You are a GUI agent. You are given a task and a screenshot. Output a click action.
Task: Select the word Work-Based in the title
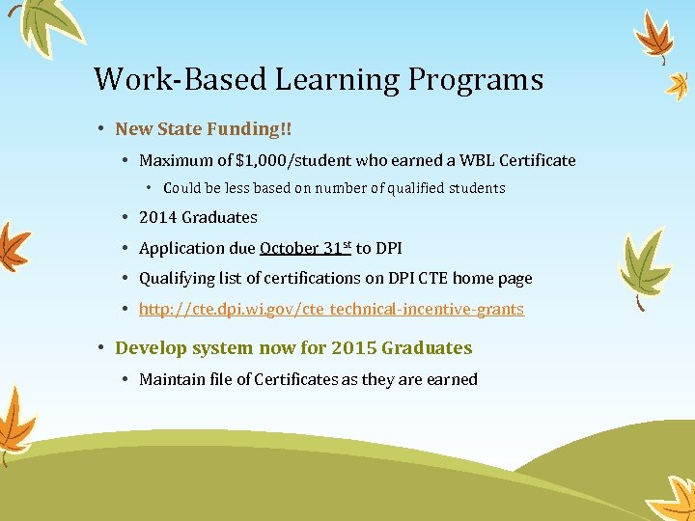[x=181, y=79]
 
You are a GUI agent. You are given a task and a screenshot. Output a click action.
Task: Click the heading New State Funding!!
[x=203, y=128]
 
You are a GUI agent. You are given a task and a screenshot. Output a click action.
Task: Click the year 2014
[x=158, y=217]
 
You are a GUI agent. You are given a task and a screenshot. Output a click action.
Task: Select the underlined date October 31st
[x=305, y=248]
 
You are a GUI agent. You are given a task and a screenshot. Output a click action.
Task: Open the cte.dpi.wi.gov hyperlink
[x=331, y=310]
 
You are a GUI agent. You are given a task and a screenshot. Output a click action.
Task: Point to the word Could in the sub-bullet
[x=183, y=188]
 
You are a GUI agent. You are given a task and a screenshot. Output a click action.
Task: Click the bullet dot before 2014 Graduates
[x=127, y=217]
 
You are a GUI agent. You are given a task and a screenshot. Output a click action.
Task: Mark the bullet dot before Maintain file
[x=127, y=379]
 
